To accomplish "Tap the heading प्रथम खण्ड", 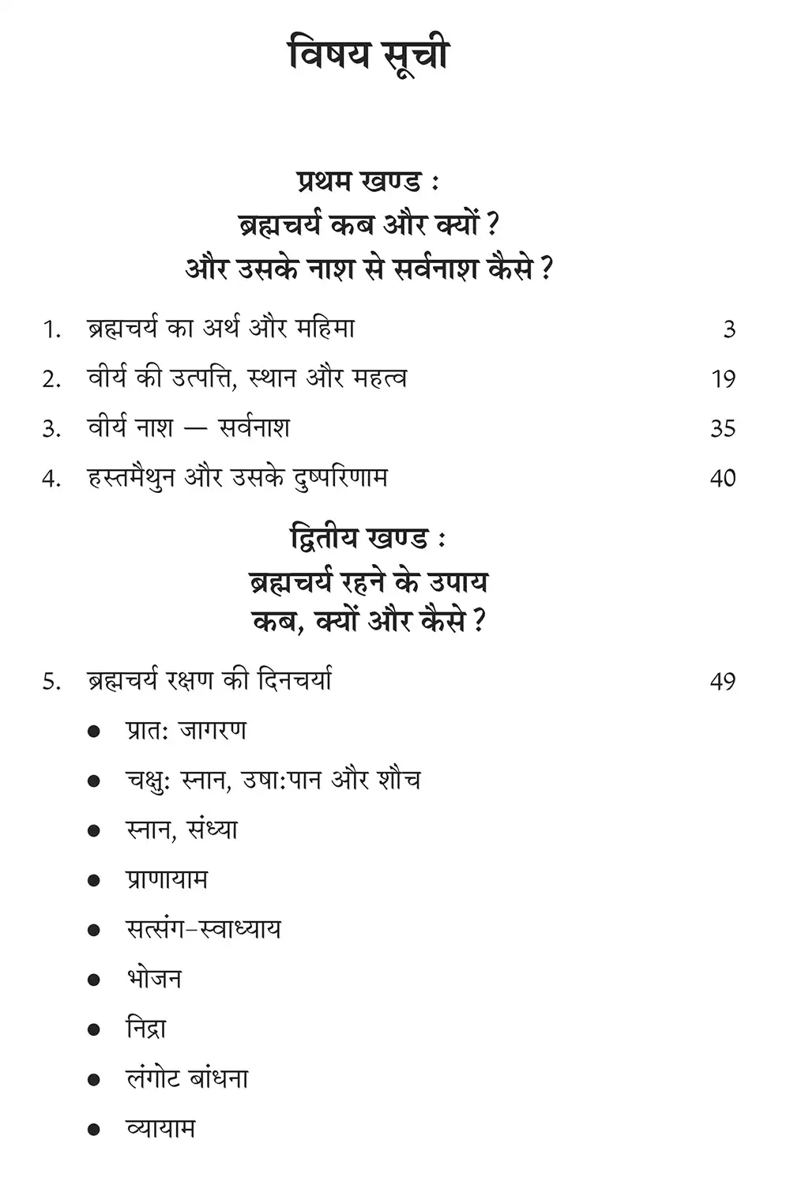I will (x=368, y=182).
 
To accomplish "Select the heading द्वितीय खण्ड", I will (x=368, y=540).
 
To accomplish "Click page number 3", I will (x=729, y=329).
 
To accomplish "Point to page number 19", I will (x=723, y=379).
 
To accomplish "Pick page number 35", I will (x=723, y=429).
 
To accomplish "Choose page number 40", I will (x=723, y=479).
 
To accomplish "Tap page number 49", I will (x=723, y=682).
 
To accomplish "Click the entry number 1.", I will (x=51, y=329).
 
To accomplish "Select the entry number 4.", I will (x=51, y=479).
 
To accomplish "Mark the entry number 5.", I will (x=51, y=682).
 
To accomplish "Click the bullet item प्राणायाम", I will (x=167, y=880).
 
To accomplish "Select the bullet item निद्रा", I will (x=146, y=1029).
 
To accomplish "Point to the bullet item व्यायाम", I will (x=160, y=1129).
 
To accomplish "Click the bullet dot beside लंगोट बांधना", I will (x=94, y=1079).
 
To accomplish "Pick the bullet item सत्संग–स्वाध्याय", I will (x=203, y=930).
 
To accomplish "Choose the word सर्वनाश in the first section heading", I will (x=430, y=269).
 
